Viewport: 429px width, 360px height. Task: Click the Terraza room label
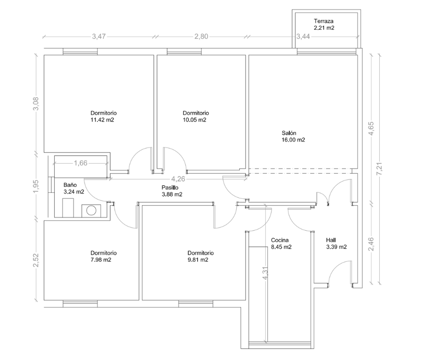(x=324, y=21)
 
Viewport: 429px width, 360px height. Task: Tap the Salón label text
(x=289, y=133)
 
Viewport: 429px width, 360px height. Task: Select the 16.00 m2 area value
(x=293, y=140)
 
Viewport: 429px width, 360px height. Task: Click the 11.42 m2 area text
(x=102, y=120)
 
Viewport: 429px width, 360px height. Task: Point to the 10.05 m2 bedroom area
(x=194, y=120)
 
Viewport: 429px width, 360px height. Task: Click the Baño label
(x=70, y=185)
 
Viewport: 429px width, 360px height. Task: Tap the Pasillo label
(x=170, y=188)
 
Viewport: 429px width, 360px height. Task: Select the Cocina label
(x=280, y=240)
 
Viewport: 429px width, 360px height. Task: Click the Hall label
(x=331, y=240)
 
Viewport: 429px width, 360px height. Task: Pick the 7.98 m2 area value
(x=101, y=260)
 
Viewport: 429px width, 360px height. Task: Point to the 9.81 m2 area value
(x=198, y=260)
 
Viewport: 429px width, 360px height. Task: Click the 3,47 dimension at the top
(x=99, y=37)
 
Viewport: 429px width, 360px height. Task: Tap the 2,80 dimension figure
(x=201, y=37)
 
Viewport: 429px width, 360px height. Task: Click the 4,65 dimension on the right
(x=371, y=128)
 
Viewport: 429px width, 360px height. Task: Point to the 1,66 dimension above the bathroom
(x=80, y=163)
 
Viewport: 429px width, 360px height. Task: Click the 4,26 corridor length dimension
(x=178, y=179)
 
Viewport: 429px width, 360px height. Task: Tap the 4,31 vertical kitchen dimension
(x=265, y=274)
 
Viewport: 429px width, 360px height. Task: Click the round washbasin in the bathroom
(x=91, y=211)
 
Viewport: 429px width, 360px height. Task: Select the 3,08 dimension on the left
(x=36, y=104)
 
